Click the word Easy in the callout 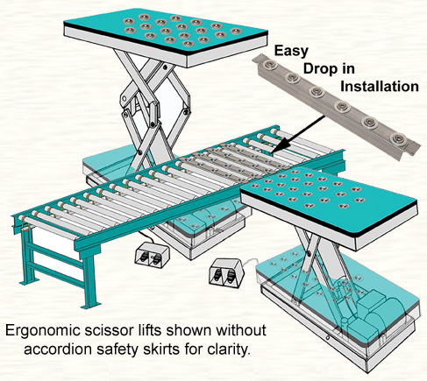(x=291, y=51)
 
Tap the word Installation (x=380, y=87)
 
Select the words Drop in (x=329, y=69)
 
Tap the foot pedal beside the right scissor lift (x=226, y=272)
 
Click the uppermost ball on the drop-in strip (x=267, y=65)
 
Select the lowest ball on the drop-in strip (x=399, y=138)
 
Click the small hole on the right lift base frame (x=328, y=338)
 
